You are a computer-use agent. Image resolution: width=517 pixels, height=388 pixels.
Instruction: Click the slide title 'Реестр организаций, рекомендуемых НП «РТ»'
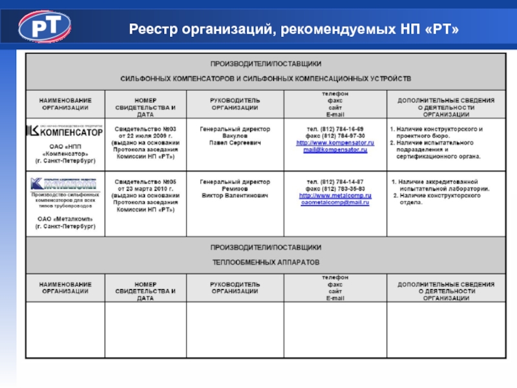[293, 29]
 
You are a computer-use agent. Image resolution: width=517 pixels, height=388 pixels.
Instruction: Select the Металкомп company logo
[63, 183]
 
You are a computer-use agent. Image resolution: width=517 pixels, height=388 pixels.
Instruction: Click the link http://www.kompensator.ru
[335, 143]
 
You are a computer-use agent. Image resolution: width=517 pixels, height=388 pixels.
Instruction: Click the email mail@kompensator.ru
[335, 150]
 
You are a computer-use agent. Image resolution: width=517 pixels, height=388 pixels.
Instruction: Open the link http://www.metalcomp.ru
[335, 195]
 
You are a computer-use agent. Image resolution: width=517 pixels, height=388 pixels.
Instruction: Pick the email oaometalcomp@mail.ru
[335, 202]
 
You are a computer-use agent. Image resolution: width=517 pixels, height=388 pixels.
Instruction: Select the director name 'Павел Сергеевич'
[235, 143]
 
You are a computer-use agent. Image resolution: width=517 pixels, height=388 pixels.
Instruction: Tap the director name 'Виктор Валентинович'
[235, 195]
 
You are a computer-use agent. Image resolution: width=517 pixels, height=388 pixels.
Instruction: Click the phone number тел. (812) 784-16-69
[335, 129]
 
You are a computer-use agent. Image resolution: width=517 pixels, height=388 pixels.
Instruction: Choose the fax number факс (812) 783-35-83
[335, 188]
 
